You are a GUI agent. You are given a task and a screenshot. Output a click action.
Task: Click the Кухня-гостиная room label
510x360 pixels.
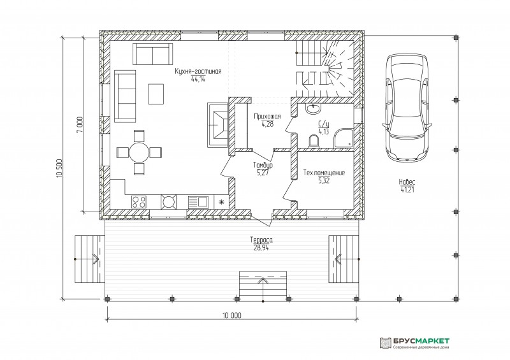[x=198, y=71]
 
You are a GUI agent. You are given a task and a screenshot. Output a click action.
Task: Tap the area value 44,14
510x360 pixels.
[x=198, y=78]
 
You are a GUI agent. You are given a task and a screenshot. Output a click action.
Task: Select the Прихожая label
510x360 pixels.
[x=267, y=117]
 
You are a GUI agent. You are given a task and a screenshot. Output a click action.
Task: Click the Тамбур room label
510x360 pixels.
[x=263, y=165]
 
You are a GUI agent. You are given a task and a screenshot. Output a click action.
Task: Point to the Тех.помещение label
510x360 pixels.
[x=324, y=173]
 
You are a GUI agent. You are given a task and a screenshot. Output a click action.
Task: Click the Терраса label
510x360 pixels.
[x=261, y=240]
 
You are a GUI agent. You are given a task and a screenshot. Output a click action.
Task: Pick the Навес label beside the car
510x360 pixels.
[x=407, y=182]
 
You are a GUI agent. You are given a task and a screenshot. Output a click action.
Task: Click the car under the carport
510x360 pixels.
[x=407, y=107]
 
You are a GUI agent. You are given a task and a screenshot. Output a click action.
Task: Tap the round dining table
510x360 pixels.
[x=139, y=152]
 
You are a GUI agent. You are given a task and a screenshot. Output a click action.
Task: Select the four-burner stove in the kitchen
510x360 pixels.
[x=139, y=201]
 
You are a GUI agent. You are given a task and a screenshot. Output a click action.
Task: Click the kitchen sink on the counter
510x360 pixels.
[x=198, y=201]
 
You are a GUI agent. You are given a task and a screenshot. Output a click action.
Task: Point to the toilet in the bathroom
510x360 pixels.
[x=314, y=141]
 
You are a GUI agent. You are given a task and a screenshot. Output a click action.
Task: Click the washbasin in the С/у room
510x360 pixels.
[x=313, y=108]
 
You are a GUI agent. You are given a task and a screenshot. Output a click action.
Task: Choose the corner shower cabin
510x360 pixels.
[x=344, y=138]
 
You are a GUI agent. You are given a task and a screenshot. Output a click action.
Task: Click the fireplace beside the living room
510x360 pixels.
[x=218, y=125]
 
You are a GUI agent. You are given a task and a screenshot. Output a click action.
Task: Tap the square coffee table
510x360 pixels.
[x=156, y=94]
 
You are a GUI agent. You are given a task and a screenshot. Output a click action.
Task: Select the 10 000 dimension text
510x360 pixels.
[x=232, y=315]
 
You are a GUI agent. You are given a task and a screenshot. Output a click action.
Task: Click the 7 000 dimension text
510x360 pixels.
[x=80, y=124]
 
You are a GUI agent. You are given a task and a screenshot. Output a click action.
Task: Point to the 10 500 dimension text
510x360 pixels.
[x=59, y=168]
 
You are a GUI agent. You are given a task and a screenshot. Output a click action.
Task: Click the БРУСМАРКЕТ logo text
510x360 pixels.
[x=421, y=341]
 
